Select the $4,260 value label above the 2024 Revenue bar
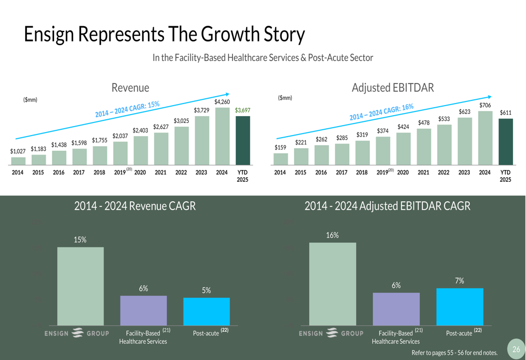tap(222, 101)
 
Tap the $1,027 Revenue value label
tap(18, 151)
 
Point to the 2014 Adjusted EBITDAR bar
tap(281, 159)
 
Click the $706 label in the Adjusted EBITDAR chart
tap(485, 105)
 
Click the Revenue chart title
tap(130, 88)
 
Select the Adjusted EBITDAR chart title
tap(392, 88)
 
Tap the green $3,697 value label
tap(242, 110)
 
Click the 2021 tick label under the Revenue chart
tap(160, 172)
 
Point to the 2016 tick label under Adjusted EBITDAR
tap(321, 172)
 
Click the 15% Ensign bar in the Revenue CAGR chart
tap(80, 286)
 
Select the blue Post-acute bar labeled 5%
tap(206, 311)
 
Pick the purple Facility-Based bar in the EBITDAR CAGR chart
tap(396, 309)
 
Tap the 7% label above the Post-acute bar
tap(459, 281)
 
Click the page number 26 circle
tap(516, 349)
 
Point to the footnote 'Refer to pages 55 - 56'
tap(454, 353)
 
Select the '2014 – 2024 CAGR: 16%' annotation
tap(381, 111)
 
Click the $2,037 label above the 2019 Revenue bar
tap(120, 136)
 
